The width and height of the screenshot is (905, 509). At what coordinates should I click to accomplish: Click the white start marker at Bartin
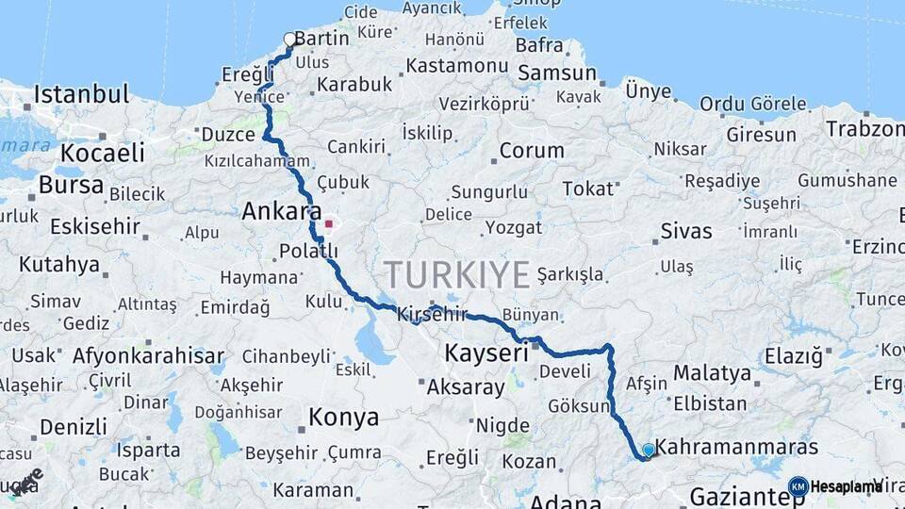pyautogui.click(x=289, y=39)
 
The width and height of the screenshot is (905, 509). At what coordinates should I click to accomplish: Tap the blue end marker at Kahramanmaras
pyautogui.click(x=648, y=451)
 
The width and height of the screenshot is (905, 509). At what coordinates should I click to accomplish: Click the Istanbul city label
pyautogui.click(x=81, y=94)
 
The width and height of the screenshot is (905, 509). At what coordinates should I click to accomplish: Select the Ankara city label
pyautogui.click(x=282, y=211)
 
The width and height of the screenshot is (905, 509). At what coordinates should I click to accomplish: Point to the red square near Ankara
pyautogui.click(x=328, y=224)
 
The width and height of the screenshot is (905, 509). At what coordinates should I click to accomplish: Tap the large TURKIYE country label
pyautogui.click(x=457, y=275)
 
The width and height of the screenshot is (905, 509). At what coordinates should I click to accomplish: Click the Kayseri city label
pyautogui.click(x=486, y=354)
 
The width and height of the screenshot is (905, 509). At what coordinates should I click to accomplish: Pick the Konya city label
pyautogui.click(x=344, y=418)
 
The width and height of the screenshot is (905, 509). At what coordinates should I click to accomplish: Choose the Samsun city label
pyautogui.click(x=557, y=73)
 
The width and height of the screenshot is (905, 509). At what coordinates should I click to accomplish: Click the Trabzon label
pyautogui.click(x=864, y=129)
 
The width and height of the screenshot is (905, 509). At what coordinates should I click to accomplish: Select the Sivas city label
pyautogui.click(x=686, y=231)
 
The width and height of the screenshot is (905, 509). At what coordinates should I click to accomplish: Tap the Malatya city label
pyautogui.click(x=711, y=373)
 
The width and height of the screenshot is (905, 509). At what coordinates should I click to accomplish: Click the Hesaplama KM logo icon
pyautogui.click(x=798, y=486)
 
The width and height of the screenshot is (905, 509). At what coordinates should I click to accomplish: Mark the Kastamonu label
pyautogui.click(x=458, y=66)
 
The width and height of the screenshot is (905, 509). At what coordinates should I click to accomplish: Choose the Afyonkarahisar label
pyautogui.click(x=148, y=356)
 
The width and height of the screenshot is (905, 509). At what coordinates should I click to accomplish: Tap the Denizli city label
pyautogui.click(x=73, y=427)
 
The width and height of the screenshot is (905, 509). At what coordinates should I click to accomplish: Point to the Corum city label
pyautogui.click(x=532, y=150)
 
